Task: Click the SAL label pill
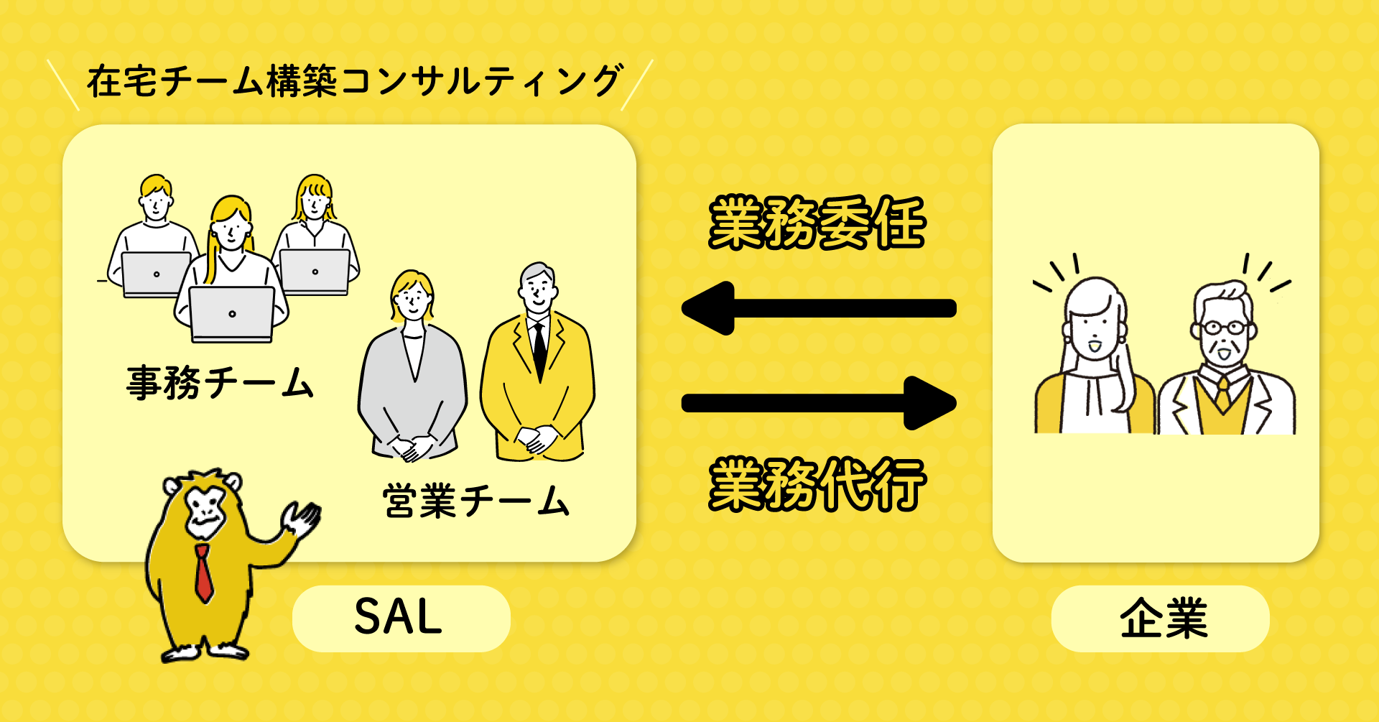[x=401, y=619]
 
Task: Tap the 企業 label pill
[x=1160, y=619]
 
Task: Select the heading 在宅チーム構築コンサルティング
[x=353, y=81]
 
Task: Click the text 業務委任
[x=817, y=223]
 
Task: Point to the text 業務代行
[x=817, y=485]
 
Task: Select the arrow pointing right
[x=819, y=403]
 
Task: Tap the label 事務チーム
[x=220, y=382]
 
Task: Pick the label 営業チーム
[x=475, y=501]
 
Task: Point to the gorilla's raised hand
[x=302, y=519]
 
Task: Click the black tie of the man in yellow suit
[x=539, y=348]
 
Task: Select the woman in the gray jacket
[x=412, y=374]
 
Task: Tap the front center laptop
[x=231, y=313]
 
